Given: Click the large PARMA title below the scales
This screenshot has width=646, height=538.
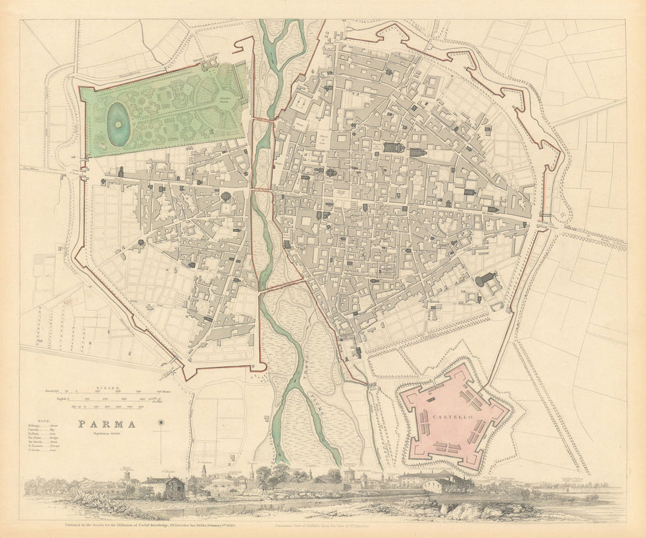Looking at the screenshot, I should tap(107, 424).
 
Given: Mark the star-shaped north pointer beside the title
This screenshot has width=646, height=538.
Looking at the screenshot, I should tap(161, 423).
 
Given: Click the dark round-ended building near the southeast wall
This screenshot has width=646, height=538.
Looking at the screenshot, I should tap(485, 280).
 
